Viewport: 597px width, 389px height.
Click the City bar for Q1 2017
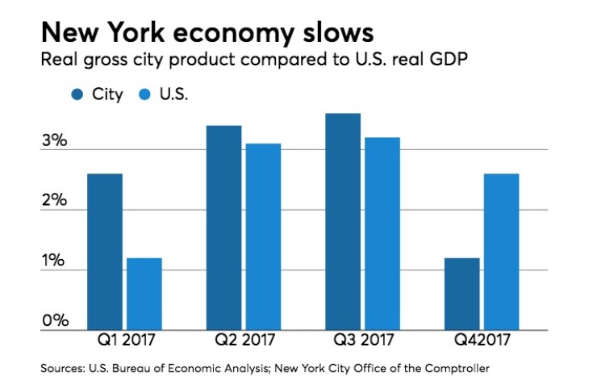coord(105,252)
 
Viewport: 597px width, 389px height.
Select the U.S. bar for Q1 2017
coord(144,294)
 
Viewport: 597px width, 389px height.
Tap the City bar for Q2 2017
coord(223,228)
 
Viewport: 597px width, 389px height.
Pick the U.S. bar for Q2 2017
coord(263,236)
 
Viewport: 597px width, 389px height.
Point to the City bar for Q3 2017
coord(342,221)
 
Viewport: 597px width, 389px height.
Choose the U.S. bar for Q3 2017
coord(382,233)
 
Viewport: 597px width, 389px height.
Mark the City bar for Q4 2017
coord(461,294)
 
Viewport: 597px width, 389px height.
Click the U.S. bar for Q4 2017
coord(501,252)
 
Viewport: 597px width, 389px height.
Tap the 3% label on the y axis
coord(54,140)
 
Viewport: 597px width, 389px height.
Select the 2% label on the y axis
coord(54,200)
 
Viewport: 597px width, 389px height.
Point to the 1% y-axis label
coord(53,261)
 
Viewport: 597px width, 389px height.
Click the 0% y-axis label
coord(54,320)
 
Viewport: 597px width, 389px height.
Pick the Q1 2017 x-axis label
coord(124,342)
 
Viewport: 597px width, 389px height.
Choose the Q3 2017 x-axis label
coord(362,342)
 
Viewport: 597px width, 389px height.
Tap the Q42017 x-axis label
coord(482,342)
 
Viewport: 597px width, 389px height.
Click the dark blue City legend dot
coord(77,94)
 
